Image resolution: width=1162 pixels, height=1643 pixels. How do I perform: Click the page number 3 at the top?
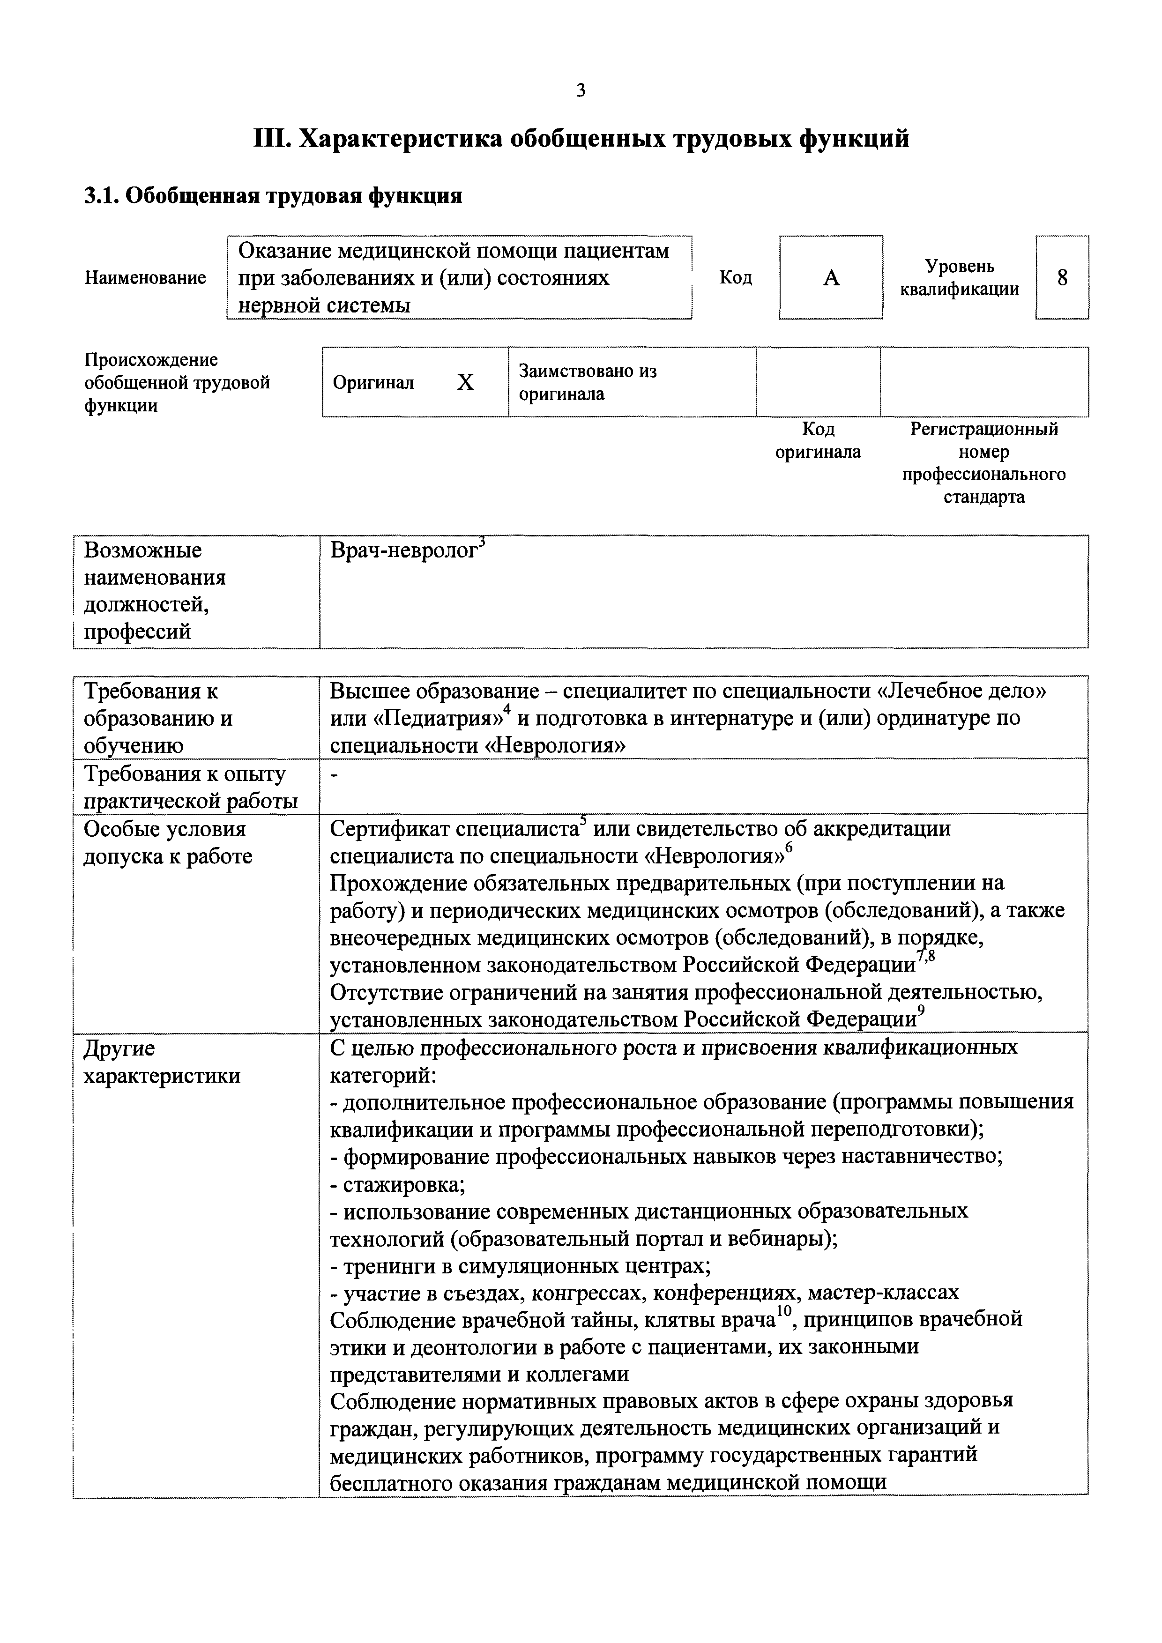point(580,91)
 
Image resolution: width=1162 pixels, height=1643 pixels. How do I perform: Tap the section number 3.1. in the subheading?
point(102,196)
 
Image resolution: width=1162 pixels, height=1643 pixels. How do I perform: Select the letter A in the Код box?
point(831,278)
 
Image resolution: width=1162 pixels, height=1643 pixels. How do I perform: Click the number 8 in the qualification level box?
point(1062,278)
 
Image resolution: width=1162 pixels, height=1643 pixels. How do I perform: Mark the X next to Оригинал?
point(465,384)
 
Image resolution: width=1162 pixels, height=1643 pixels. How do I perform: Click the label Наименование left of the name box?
point(145,278)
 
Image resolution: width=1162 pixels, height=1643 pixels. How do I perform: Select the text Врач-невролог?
point(403,551)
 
